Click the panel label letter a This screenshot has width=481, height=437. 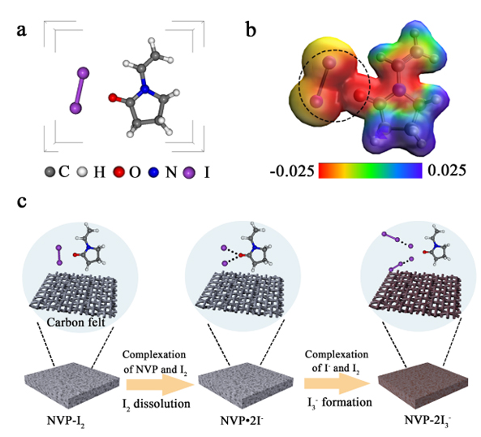pos(21,31)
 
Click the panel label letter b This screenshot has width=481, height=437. pos(251,30)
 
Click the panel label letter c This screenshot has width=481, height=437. pos(21,201)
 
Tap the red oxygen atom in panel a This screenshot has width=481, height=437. pos(113,98)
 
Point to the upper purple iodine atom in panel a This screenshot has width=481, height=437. pos(83,73)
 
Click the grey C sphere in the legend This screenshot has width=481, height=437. pos(49,172)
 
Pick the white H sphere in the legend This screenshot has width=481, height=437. pos(82,172)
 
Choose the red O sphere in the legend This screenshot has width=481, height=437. pos(119,172)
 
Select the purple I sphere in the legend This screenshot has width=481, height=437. pos(189,172)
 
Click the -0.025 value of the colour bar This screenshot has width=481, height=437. pos(292,171)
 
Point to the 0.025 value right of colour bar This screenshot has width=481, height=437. pos(447,170)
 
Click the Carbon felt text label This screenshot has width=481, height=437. pos(76,322)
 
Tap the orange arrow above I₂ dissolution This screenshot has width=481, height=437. pos(161,384)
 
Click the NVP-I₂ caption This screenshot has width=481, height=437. pos(66,421)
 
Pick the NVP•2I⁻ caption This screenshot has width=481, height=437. pos(242,421)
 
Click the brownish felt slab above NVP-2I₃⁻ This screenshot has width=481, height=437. pos(423,386)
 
